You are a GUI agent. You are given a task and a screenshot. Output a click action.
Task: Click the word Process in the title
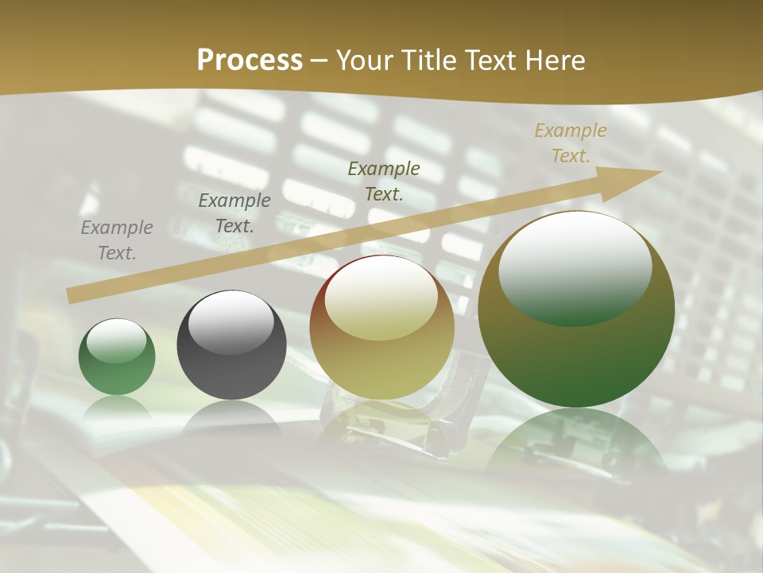click(250, 60)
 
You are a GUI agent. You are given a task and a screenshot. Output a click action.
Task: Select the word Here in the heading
click(554, 60)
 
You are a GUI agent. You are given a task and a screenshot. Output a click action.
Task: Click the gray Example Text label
click(117, 240)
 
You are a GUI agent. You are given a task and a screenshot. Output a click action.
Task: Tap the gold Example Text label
click(571, 143)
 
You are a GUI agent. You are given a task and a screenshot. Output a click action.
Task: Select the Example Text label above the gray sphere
click(234, 213)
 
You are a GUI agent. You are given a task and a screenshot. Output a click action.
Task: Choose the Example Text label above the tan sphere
click(384, 181)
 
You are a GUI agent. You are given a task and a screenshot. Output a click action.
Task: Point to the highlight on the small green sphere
click(116, 341)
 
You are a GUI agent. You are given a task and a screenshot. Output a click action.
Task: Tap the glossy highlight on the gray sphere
click(230, 320)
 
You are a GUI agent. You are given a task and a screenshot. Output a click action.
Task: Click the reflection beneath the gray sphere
click(231, 418)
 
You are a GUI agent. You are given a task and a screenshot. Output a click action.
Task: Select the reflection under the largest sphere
click(576, 438)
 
